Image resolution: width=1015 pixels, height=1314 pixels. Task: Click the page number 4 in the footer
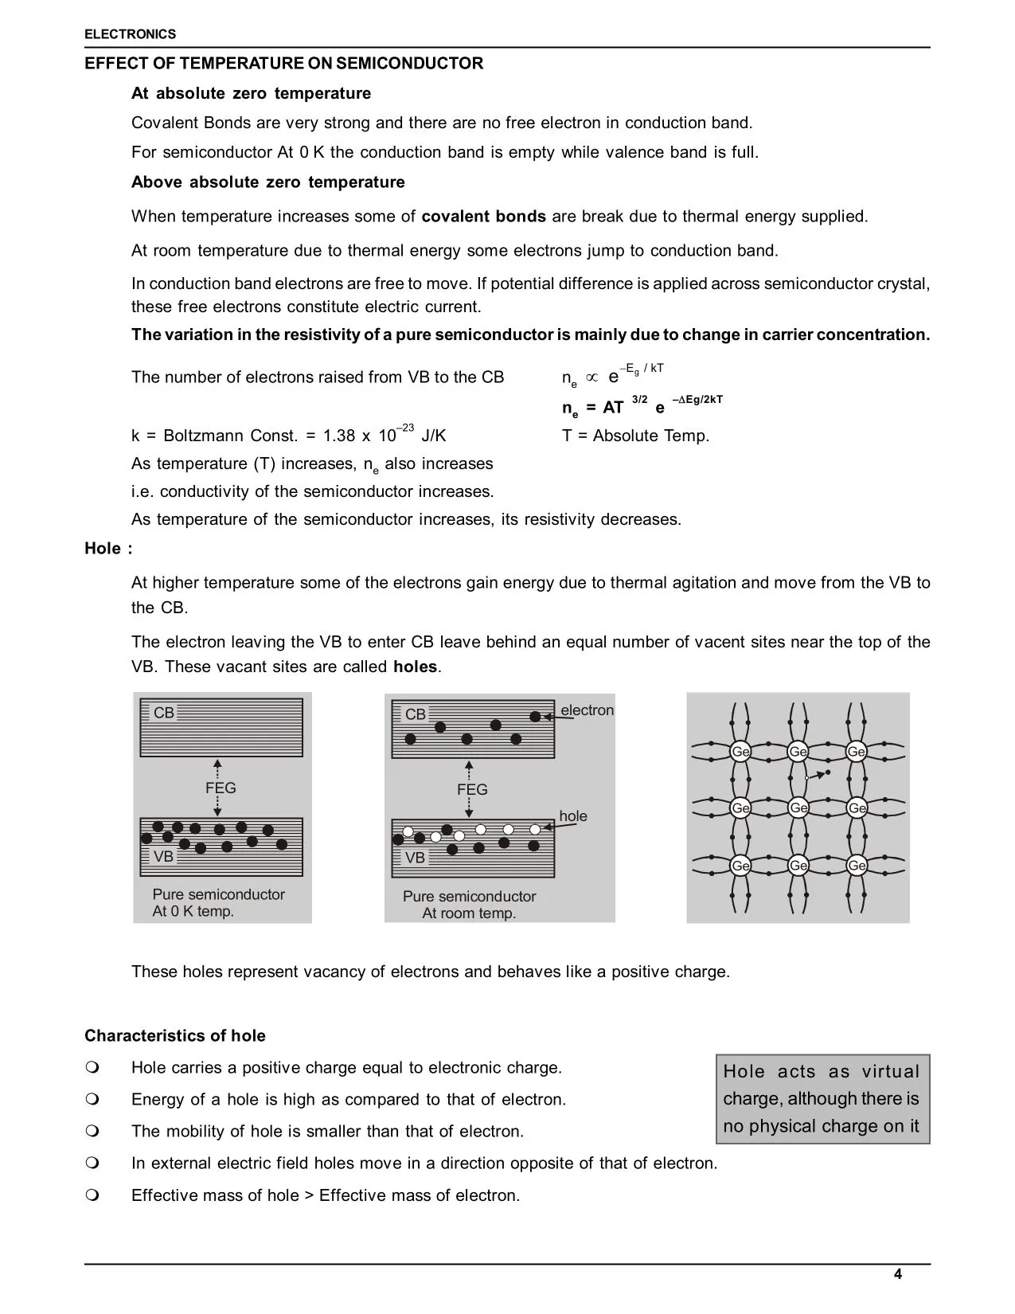898,1273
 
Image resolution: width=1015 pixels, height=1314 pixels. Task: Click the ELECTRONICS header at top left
130,34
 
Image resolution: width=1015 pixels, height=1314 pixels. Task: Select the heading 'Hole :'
108,548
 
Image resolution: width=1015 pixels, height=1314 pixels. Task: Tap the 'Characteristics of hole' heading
175,1035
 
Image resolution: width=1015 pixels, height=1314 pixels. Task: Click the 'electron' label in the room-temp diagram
587,710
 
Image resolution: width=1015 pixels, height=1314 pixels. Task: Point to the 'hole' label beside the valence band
573,816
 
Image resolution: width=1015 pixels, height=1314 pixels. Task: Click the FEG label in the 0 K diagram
221,788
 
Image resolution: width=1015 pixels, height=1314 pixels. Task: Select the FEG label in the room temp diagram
472,789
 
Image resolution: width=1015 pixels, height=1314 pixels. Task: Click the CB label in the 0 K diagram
163,713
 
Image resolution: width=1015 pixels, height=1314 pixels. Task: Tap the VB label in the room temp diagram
415,858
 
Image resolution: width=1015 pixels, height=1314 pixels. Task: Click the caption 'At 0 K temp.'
193,912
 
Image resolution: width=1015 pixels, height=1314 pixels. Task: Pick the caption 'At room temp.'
469,913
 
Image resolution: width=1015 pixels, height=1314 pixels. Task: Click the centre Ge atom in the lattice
798,808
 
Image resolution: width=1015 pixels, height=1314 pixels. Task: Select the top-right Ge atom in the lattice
857,751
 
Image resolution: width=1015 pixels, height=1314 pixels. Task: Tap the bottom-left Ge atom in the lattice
740,865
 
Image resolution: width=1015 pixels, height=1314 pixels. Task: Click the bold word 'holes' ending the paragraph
415,667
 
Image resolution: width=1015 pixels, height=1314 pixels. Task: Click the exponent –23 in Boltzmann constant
404,428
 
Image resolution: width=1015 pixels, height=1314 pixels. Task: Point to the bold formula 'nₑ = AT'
592,408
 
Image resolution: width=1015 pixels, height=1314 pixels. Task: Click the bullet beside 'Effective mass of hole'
92,1195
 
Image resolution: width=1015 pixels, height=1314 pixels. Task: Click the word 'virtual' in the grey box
890,1072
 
